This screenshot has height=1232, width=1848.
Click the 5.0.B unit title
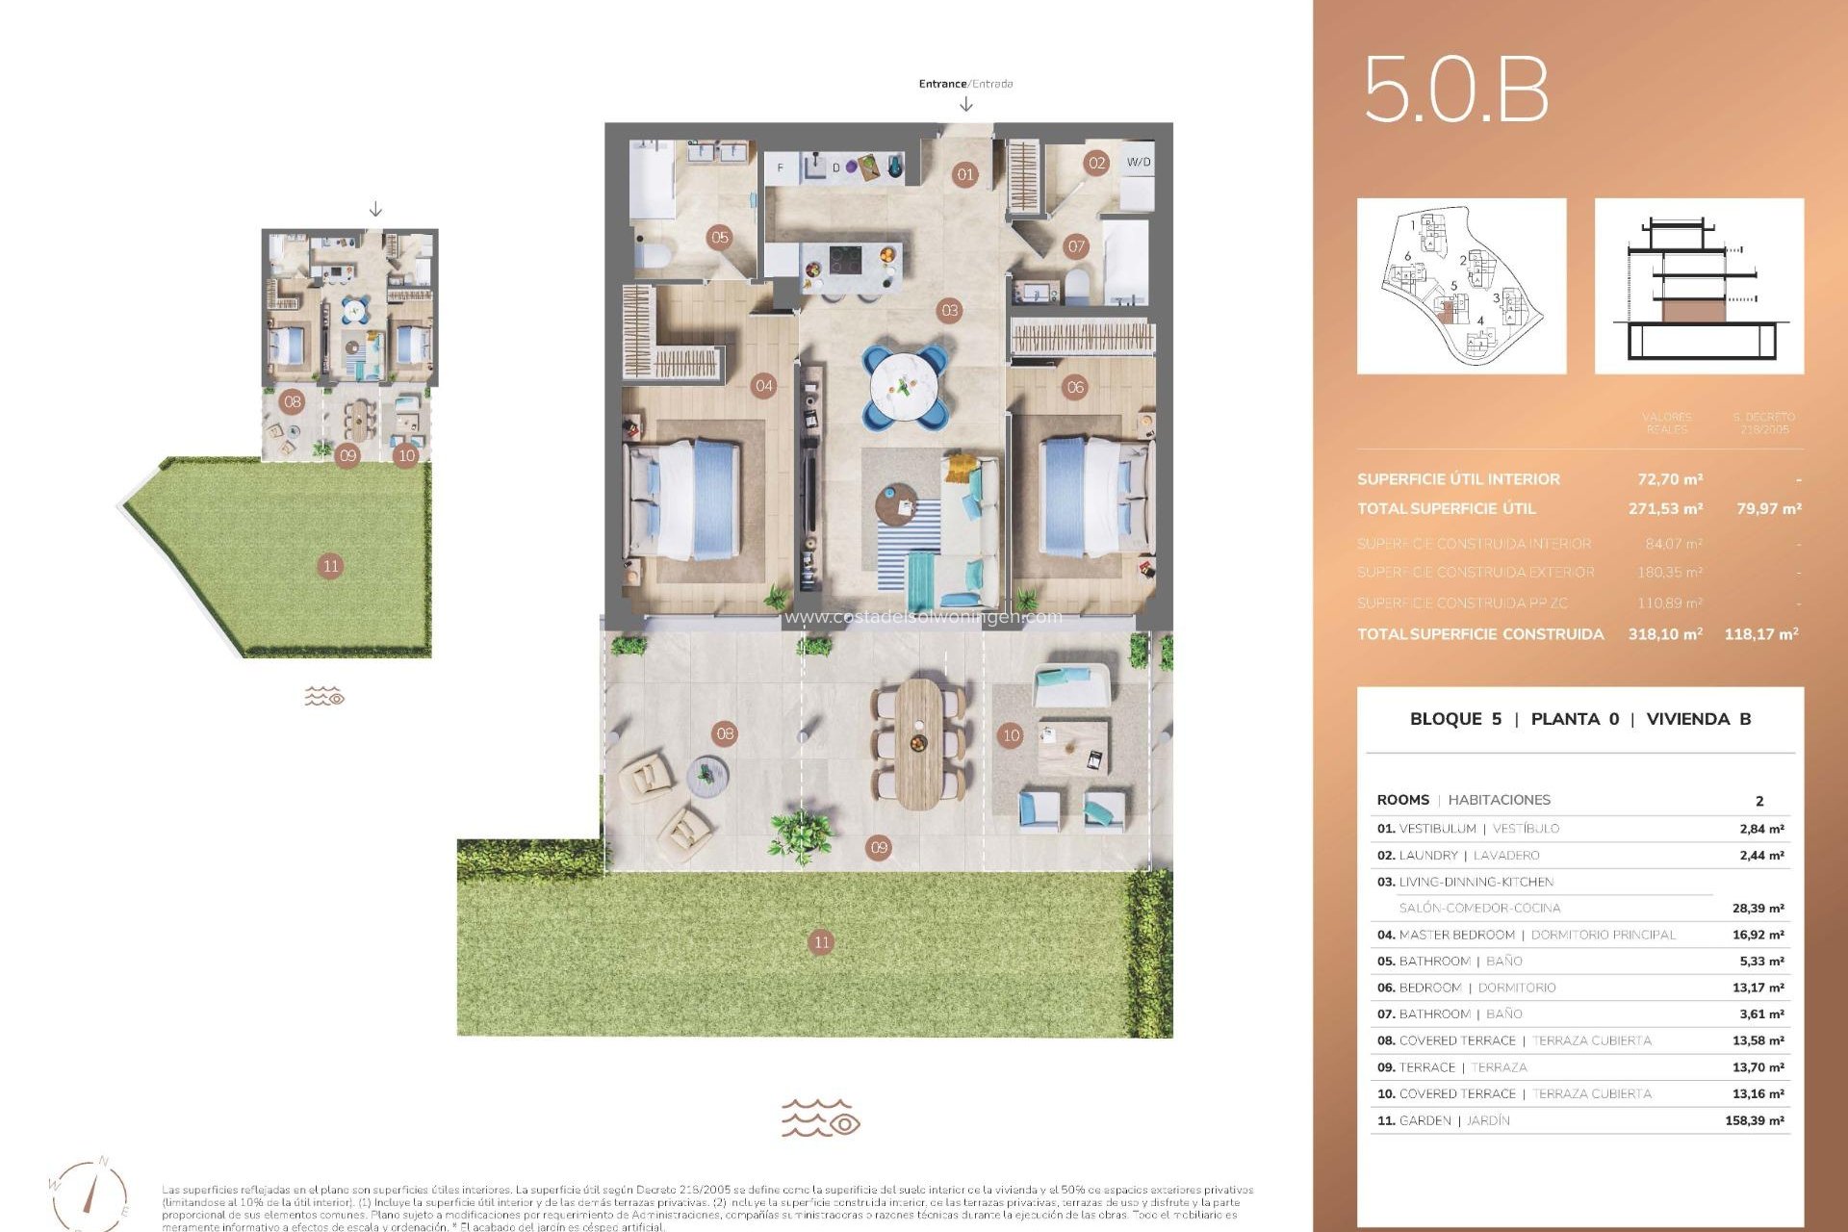(x=1456, y=90)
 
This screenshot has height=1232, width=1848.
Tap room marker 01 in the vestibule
(x=964, y=174)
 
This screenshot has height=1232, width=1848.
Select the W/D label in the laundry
(x=1138, y=162)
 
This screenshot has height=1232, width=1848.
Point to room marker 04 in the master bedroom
(x=763, y=386)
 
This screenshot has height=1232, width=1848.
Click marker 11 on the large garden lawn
(x=820, y=942)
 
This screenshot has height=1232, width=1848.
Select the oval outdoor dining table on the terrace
(x=918, y=743)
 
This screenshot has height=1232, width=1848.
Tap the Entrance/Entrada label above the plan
(x=965, y=84)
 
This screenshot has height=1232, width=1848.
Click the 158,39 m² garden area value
(x=1754, y=1120)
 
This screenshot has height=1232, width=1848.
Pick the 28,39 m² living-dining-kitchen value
(x=1758, y=908)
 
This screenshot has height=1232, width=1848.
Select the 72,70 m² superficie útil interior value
(x=1670, y=478)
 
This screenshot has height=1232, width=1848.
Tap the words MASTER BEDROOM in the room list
(x=1456, y=935)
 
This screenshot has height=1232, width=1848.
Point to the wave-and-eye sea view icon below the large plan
(x=820, y=1118)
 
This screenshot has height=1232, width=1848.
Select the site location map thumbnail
(x=1461, y=286)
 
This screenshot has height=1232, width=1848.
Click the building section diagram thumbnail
(x=1699, y=286)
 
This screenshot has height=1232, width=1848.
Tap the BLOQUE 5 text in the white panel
(x=1454, y=719)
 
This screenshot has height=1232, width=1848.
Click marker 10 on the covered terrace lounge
(x=1011, y=735)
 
